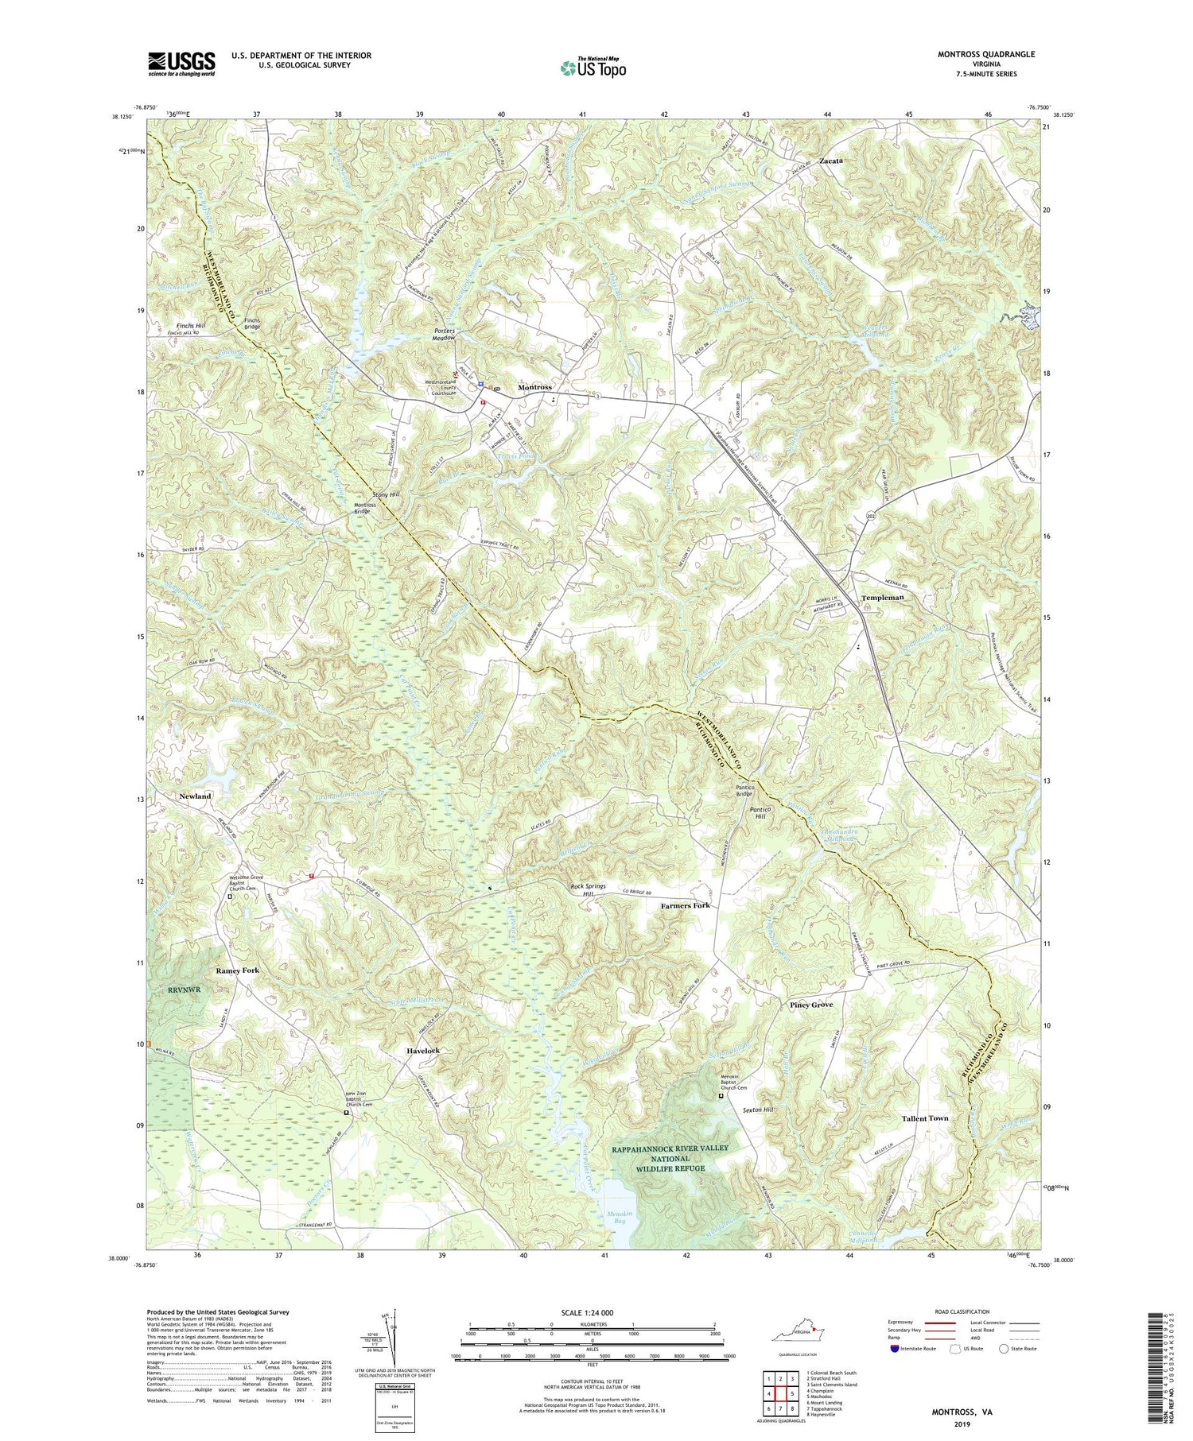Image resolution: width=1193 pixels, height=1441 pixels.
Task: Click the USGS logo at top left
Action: click(181, 63)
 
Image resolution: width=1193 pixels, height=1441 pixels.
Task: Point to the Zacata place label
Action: click(828, 160)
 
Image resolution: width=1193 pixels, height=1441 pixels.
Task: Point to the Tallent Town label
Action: click(925, 1118)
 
